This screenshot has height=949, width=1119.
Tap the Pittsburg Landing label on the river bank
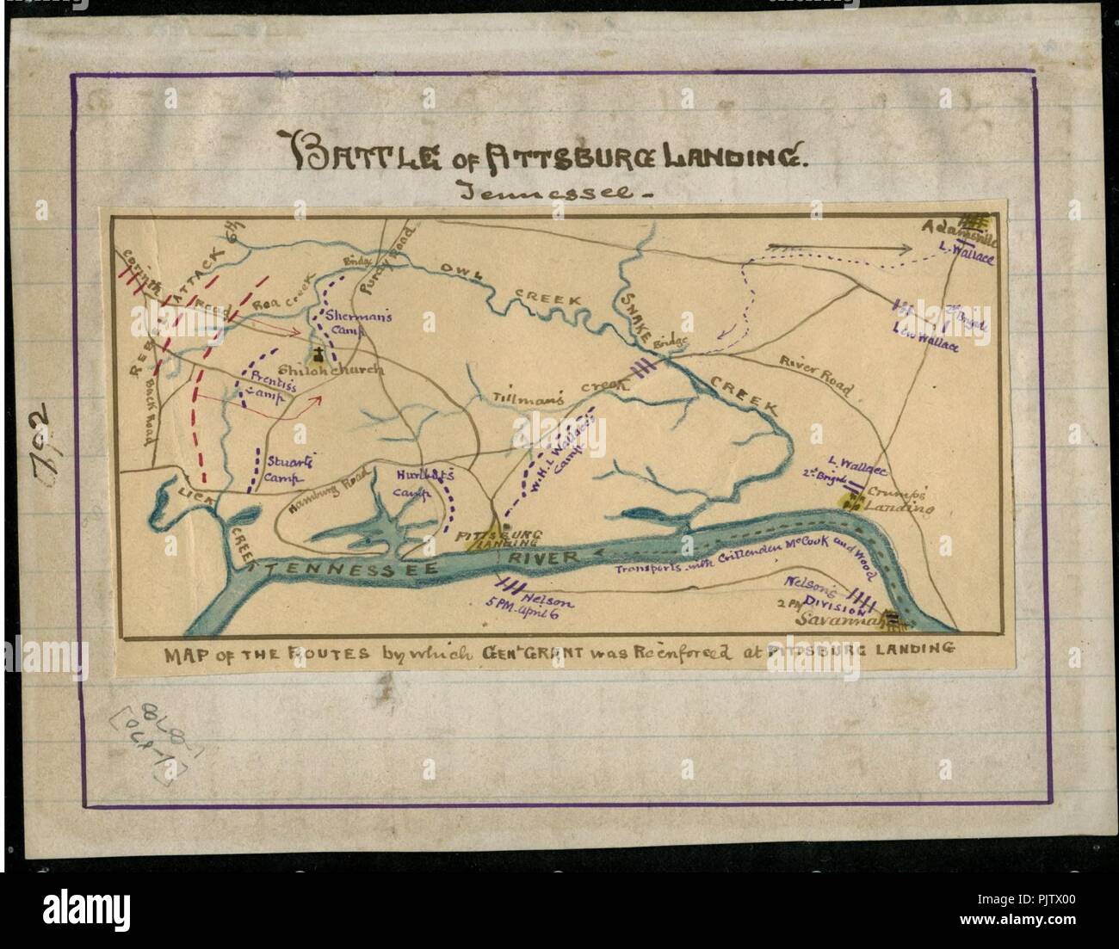pos(500,539)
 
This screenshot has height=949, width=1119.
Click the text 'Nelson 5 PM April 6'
pos(537,602)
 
